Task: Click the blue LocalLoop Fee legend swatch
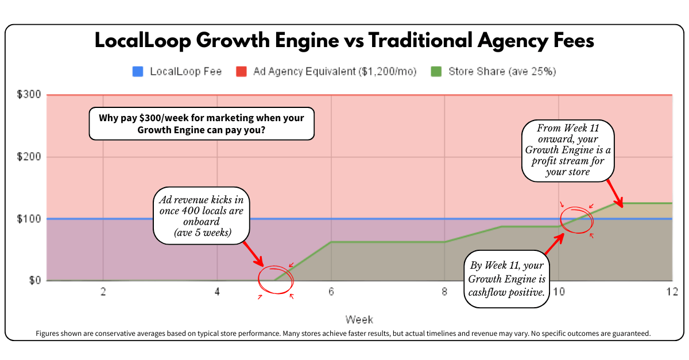pos(137,72)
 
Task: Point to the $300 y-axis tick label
pos(29,95)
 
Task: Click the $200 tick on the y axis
pos(29,157)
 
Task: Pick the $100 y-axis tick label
pos(29,219)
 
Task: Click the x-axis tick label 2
pos(103,292)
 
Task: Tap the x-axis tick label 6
pos(331,292)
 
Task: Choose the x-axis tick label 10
pos(559,292)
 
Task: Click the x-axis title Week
pos(359,319)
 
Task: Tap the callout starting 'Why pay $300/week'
pos(202,123)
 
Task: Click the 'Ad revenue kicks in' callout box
pos(201,216)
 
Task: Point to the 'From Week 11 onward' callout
pos(568,150)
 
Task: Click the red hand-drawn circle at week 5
pos(276,279)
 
